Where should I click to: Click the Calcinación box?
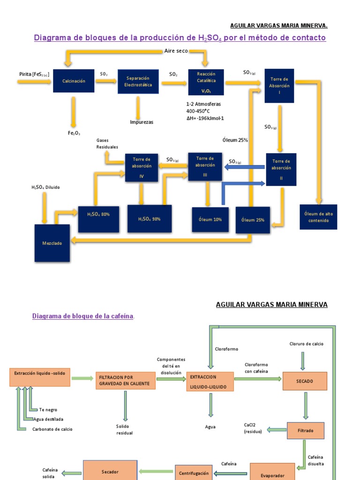[74, 81]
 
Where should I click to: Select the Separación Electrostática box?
[138, 82]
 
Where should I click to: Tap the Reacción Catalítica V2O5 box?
[206, 82]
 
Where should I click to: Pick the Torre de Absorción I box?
[279, 86]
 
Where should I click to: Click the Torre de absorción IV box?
[142, 168]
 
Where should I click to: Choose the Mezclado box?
[52, 243]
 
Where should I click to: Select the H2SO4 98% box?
[150, 219]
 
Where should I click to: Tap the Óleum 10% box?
[210, 219]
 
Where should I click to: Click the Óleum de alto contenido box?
[318, 217]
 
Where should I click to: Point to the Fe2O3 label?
[74, 133]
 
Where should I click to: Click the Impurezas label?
[142, 122]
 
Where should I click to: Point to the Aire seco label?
[176, 51]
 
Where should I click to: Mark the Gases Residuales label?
[107, 143]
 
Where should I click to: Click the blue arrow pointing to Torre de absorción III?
[245, 167]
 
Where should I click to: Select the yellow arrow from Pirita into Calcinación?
[34, 82]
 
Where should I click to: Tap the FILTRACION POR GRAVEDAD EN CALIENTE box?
[126, 381]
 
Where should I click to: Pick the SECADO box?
[305, 381]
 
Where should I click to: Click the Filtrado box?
[305, 430]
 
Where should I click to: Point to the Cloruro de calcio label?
[307, 344]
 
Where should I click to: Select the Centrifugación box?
[194, 473]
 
